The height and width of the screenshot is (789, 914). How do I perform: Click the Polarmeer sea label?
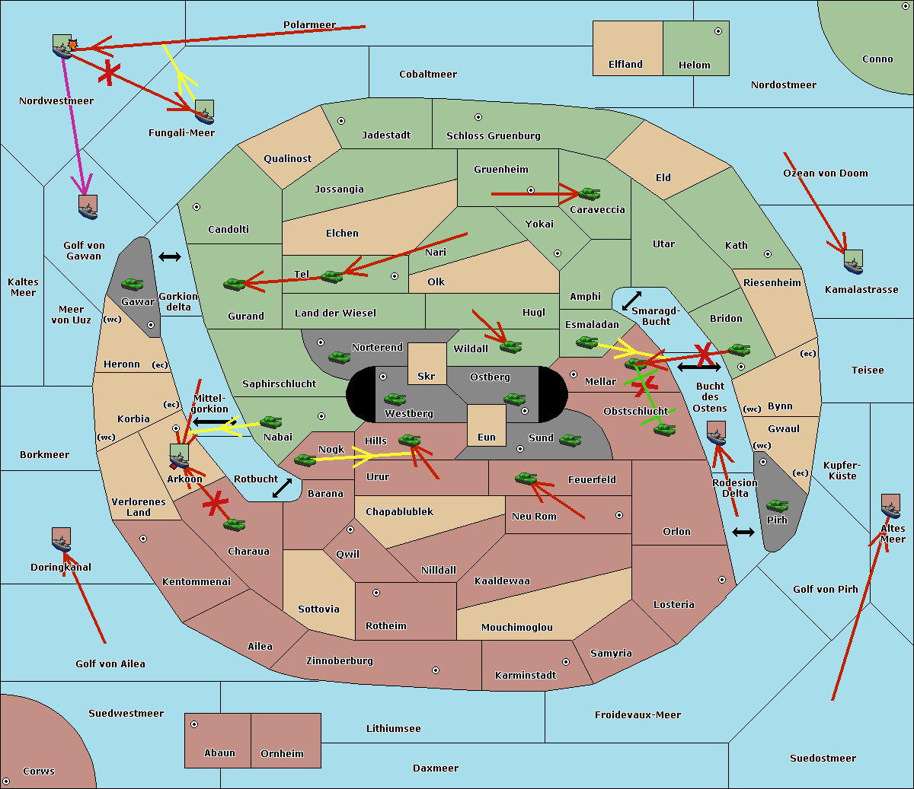(x=309, y=25)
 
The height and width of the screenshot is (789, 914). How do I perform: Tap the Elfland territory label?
(x=625, y=65)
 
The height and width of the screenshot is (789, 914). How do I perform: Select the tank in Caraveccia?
(x=589, y=194)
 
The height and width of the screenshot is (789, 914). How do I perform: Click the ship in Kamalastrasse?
(x=854, y=262)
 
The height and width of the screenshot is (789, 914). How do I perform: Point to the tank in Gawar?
(x=133, y=285)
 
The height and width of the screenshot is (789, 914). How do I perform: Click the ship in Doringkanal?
(x=62, y=539)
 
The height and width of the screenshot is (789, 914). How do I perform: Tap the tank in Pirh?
(x=777, y=506)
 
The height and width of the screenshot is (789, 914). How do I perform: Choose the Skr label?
(x=427, y=377)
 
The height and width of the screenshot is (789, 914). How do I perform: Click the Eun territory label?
(x=487, y=437)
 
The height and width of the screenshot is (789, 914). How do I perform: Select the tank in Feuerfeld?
(x=526, y=479)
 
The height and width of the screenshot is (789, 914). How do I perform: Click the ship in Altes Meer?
(x=890, y=506)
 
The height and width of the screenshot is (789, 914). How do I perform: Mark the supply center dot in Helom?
(x=717, y=31)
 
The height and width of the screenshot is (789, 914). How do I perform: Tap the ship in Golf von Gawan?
(x=88, y=207)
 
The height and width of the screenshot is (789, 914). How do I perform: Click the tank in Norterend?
(x=339, y=357)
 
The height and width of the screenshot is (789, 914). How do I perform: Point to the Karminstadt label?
(x=526, y=676)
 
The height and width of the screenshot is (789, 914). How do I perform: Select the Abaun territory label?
(x=219, y=753)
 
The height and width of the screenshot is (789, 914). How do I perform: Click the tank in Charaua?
(x=234, y=524)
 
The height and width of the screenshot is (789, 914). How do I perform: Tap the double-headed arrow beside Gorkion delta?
(x=169, y=257)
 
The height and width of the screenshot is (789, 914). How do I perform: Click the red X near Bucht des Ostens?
(x=705, y=354)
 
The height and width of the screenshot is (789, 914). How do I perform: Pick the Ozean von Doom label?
(x=825, y=173)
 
